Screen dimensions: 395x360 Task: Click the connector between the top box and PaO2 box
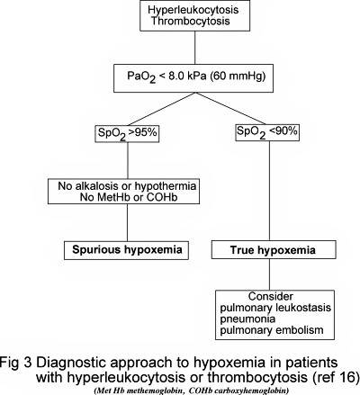coord(180,53)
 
